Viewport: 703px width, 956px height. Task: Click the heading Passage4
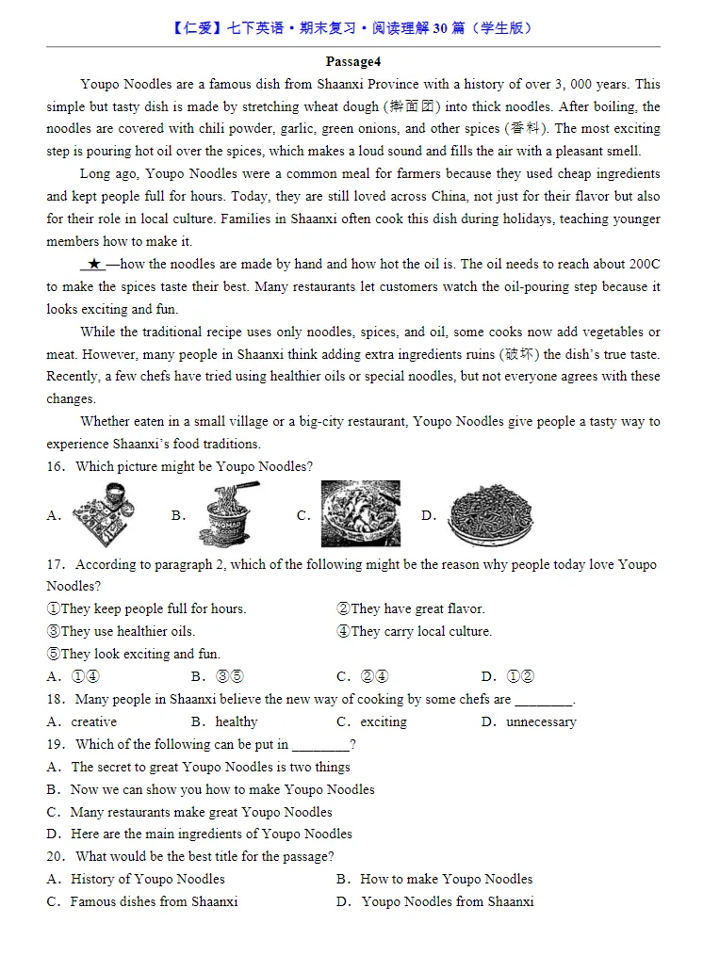352,62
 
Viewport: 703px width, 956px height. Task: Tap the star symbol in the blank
94,265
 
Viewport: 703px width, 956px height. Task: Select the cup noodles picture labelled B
229,514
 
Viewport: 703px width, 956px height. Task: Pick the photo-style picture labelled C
360,514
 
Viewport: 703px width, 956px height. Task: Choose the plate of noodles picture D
489,514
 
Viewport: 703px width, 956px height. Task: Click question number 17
55,565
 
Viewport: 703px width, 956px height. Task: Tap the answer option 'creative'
94,722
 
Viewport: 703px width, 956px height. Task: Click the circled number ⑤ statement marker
53,655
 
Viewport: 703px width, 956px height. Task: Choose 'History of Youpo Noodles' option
148,880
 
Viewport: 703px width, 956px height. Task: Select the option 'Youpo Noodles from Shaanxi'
448,902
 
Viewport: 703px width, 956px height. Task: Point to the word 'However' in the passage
103,355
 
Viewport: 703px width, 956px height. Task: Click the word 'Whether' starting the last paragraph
105,422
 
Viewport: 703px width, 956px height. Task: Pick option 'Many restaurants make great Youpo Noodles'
201,812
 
